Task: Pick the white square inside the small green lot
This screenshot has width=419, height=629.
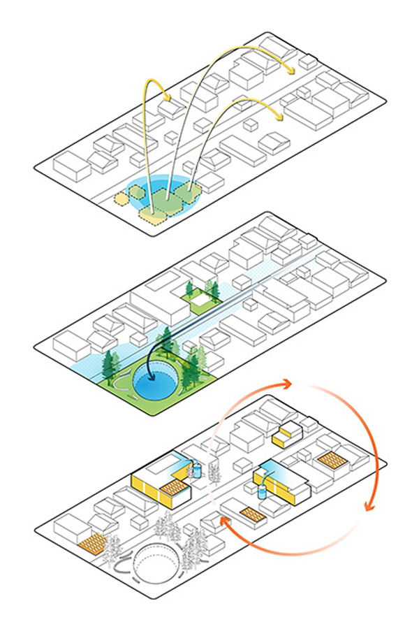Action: (x=201, y=299)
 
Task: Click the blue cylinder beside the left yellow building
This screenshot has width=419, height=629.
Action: (x=197, y=469)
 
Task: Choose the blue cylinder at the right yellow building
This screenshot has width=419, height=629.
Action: (x=262, y=491)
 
